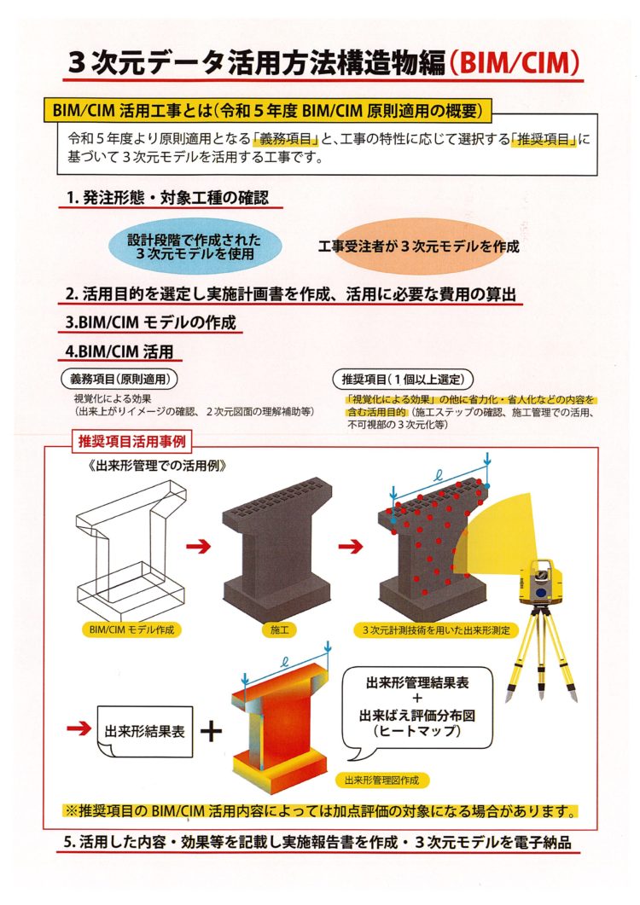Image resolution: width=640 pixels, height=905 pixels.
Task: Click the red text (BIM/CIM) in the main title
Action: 514,63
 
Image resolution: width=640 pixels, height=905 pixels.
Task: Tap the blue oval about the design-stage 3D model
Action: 195,247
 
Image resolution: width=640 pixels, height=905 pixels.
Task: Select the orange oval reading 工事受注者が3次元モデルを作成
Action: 419,247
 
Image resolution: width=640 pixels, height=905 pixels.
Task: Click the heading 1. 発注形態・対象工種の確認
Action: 167,198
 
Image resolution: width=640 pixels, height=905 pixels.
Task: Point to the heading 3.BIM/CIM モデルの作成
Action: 151,322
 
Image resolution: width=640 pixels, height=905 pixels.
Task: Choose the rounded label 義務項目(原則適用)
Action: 119,379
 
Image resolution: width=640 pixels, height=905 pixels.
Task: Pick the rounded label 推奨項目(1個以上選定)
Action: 403,380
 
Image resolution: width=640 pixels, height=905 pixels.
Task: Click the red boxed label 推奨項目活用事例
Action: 131,442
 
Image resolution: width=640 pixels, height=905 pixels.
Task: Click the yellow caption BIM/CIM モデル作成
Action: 131,629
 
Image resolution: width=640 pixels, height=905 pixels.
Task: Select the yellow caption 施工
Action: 279,630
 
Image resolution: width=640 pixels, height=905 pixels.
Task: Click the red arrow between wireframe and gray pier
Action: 199,545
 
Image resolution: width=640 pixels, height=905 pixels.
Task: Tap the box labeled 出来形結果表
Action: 144,731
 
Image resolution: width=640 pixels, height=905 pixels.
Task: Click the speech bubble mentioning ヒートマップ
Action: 417,710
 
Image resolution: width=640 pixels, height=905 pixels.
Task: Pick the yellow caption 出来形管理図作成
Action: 381,780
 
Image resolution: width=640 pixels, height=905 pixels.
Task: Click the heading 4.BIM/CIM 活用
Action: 119,351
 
